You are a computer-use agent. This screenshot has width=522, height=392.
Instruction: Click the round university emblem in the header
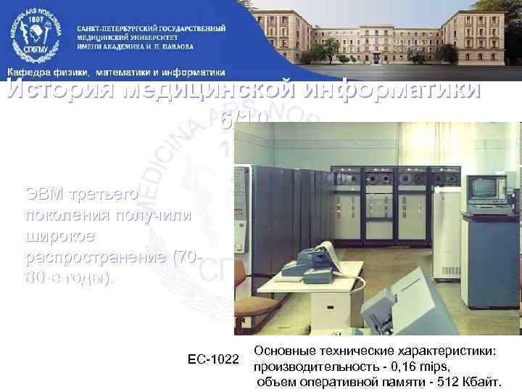[34, 34]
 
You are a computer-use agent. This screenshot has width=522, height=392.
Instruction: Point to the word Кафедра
[28, 72]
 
